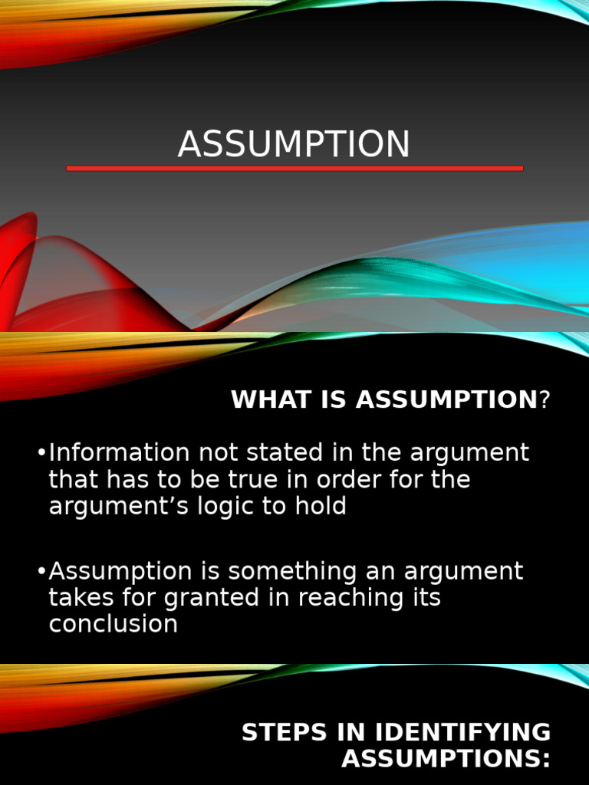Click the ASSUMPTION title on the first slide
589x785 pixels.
click(x=294, y=144)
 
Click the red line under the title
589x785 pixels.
click(x=294, y=168)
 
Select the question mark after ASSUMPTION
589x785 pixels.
click(x=545, y=399)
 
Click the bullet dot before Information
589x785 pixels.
click(x=41, y=453)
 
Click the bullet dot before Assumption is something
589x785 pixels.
click(x=41, y=571)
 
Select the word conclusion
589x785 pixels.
click(x=114, y=624)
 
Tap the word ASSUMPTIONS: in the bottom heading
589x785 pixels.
click(x=446, y=759)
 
